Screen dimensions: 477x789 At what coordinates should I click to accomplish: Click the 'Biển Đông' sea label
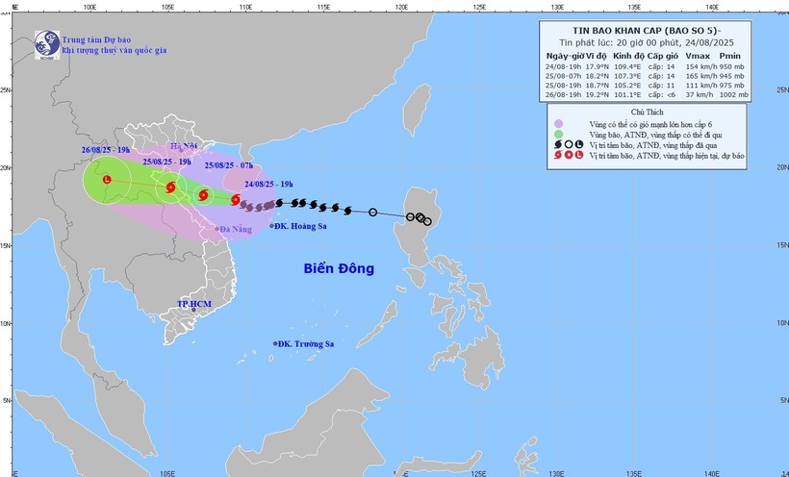click(x=334, y=268)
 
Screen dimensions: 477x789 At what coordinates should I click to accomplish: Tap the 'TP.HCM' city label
click(x=193, y=304)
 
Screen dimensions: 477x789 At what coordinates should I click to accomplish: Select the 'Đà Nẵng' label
click(x=236, y=229)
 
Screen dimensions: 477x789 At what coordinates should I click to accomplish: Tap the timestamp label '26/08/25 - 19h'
click(x=106, y=150)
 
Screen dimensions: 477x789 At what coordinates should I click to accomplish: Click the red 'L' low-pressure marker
click(x=107, y=179)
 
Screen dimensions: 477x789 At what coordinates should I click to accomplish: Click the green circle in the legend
click(x=557, y=135)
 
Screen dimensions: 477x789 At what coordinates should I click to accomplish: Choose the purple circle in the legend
click(x=557, y=124)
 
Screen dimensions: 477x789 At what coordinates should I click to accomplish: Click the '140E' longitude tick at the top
click(x=712, y=7)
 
